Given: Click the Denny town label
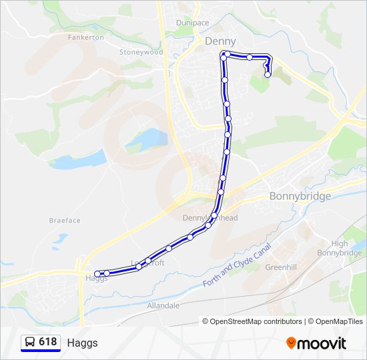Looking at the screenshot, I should click(220, 41).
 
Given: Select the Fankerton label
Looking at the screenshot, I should click(85, 37).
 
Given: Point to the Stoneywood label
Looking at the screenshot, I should click(141, 52).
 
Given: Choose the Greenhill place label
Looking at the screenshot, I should click(280, 267).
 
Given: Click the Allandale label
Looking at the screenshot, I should click(163, 305).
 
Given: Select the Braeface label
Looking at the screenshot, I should click(65, 220).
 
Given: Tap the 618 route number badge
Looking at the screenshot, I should click(47, 342).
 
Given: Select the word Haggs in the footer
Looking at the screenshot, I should click(82, 343).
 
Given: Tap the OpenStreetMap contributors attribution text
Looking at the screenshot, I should click(252, 321).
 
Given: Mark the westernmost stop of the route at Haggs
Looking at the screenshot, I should click(97, 273).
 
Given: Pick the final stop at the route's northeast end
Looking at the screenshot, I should click(268, 75).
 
